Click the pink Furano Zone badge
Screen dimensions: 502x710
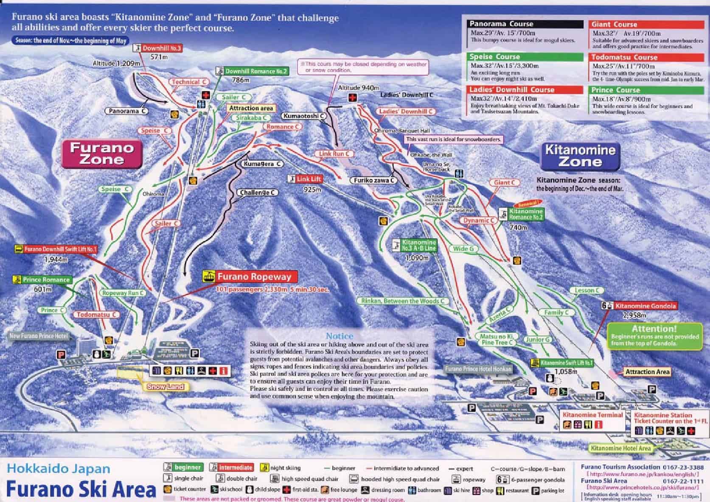(102, 154)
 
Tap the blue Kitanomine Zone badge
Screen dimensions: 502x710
(580, 156)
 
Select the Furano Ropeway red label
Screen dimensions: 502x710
(254, 277)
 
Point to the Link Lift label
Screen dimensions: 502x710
(308, 179)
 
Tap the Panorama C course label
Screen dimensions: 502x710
(126, 111)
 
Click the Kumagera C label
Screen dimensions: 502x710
(263, 164)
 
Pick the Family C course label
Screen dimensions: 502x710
(556, 312)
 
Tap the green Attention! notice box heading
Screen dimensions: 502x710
(654, 328)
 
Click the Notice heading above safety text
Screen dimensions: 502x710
(339, 336)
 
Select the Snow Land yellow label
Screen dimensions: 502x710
(166, 387)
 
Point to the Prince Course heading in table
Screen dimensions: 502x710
(615, 90)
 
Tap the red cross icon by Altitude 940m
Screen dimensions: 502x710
(352, 98)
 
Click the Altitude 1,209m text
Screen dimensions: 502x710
(116, 64)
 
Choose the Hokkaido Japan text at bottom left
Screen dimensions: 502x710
(59, 469)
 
